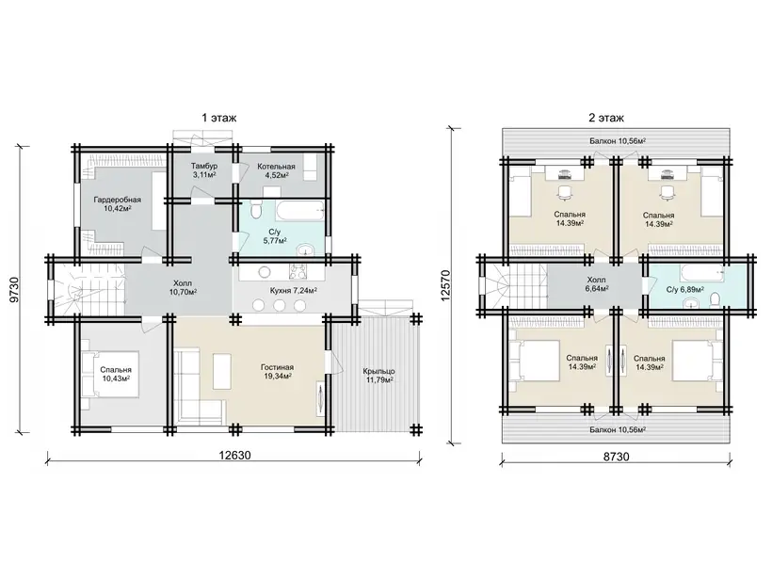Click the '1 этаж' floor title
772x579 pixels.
[x=218, y=119]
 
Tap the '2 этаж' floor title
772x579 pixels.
[x=606, y=119]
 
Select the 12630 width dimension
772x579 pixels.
[x=234, y=456]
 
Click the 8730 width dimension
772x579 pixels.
[x=617, y=457]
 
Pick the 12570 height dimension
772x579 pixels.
[x=445, y=285]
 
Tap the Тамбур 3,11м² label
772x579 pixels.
[x=204, y=170]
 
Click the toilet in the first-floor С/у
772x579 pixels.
[x=255, y=211]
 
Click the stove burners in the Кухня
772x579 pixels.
[x=298, y=272]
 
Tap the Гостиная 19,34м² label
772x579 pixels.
[x=277, y=371]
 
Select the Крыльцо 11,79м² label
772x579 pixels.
[x=378, y=375]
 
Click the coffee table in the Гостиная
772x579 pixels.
[x=222, y=370]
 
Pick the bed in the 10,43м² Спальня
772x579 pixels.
[x=111, y=374]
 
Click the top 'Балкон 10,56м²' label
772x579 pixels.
[x=618, y=141]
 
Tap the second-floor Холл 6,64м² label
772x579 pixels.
[x=597, y=284]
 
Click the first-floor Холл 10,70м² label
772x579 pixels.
[x=183, y=287]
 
